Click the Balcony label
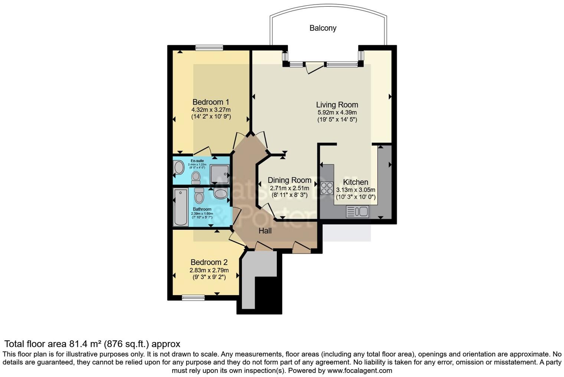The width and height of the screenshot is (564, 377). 323,28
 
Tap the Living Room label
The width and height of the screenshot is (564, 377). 337,105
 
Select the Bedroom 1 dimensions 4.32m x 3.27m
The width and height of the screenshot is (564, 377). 211,110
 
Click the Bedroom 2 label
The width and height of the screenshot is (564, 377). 209,262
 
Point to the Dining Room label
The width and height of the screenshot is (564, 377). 289,180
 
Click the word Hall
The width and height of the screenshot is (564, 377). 265,231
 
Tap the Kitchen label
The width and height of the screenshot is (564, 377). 355,182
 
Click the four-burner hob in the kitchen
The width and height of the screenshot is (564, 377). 327,188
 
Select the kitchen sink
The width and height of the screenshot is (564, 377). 357,212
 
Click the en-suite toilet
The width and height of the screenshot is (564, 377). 196,177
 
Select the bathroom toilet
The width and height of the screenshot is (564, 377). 199,195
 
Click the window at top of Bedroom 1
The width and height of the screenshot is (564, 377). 209,47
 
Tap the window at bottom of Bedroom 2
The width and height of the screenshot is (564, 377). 193,298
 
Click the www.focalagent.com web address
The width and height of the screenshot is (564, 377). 359,370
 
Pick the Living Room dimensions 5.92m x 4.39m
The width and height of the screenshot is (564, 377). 337,112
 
